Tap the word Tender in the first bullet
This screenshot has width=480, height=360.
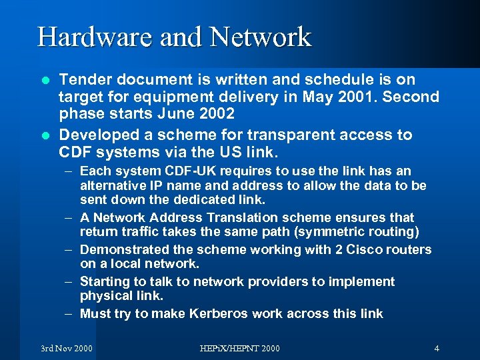coord(82,81)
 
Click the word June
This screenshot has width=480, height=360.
coord(183,114)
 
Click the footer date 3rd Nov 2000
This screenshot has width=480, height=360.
coord(67,348)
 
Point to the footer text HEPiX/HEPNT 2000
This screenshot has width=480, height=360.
coord(240,348)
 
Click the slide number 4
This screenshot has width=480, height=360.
coord(436,348)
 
